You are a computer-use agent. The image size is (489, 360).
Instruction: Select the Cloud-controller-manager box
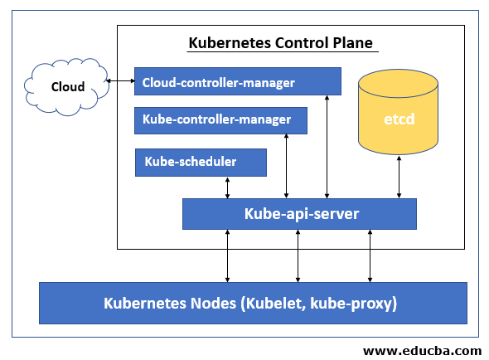[237, 81]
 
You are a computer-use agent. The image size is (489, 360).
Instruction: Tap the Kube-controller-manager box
[220, 120]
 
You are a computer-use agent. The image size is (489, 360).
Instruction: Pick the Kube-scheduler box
[201, 162]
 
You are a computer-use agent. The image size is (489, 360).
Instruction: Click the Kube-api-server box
[299, 214]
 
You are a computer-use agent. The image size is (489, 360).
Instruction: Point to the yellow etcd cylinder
[399, 119]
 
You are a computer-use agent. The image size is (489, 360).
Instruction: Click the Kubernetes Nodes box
[253, 303]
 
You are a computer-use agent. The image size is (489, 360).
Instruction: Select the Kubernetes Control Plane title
[281, 42]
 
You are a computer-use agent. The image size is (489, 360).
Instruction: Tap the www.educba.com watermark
[422, 350]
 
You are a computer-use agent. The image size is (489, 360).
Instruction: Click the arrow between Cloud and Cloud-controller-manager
[120, 80]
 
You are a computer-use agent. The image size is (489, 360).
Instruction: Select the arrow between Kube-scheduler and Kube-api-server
[227, 187]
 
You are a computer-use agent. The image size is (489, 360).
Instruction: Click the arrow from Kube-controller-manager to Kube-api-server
[286, 167]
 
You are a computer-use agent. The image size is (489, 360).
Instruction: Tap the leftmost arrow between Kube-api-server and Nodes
[227, 255]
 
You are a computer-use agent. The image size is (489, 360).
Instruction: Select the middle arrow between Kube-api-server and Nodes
[298, 255]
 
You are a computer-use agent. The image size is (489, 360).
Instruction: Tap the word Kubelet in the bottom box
[270, 303]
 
